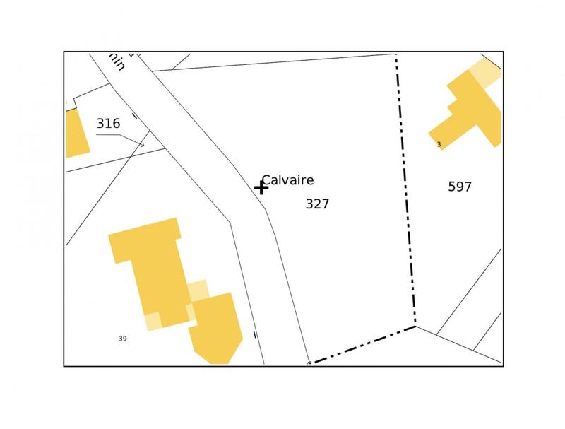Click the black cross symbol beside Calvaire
[261, 187]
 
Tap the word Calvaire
[287, 180]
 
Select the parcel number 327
[317, 204]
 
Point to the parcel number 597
[460, 187]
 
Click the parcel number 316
[108, 124]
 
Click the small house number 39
[122, 339]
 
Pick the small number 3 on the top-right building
[439, 144]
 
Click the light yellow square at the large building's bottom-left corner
[153, 321]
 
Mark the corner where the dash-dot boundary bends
[415, 326]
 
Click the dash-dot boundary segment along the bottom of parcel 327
[364, 345]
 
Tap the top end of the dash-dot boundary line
[395, 54]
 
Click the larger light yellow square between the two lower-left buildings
[198, 290]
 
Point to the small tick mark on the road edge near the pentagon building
[254, 335]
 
